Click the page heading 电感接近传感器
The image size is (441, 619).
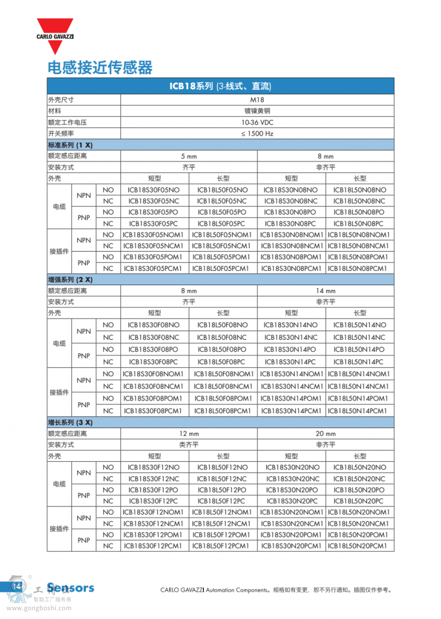[100, 67]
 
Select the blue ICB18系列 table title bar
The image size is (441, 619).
[220, 86]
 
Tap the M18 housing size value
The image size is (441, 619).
[257, 100]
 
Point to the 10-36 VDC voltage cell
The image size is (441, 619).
[257, 122]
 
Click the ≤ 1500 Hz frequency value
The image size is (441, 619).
[257, 134]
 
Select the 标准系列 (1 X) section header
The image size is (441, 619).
[71, 145]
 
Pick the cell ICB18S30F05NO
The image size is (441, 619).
[154, 190]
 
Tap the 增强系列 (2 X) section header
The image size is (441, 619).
[71, 280]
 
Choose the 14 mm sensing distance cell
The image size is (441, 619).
[325, 291]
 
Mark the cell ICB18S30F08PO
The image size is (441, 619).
[154, 349]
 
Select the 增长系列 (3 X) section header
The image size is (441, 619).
[71, 423]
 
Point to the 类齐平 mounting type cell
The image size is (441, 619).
[189, 445]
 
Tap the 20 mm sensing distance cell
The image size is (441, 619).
[325, 434]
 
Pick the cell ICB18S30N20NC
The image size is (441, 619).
[291, 479]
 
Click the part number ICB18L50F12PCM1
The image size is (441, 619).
[223, 546]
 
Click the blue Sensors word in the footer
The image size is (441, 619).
[71, 588]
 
